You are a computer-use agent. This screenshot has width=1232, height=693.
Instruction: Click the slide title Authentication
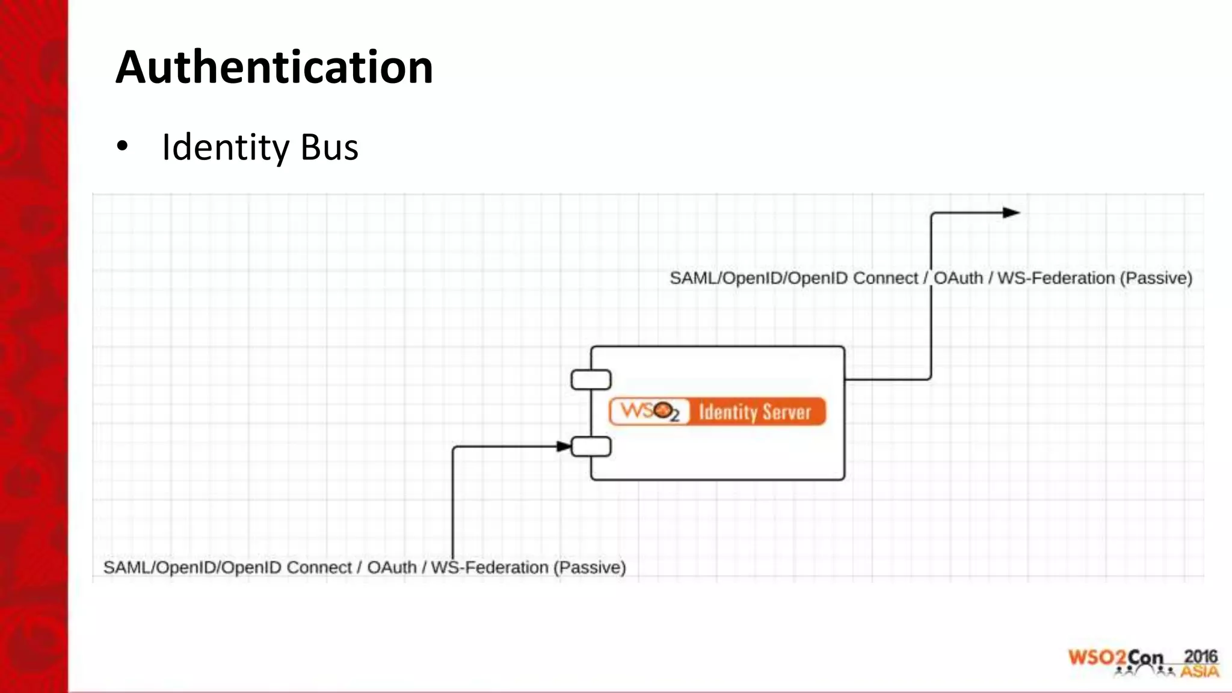click(274, 67)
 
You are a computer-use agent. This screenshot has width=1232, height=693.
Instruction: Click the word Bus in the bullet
click(329, 147)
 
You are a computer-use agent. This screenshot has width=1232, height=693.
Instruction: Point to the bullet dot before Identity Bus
click(123, 146)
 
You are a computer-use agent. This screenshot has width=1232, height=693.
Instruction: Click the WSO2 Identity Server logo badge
click(717, 412)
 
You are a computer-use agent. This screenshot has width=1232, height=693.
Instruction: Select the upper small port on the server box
click(591, 380)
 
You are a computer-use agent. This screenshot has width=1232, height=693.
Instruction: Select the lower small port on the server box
click(591, 447)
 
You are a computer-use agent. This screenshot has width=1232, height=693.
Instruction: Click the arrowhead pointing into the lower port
click(564, 446)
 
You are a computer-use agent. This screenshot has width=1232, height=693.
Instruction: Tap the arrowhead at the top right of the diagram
click(1011, 212)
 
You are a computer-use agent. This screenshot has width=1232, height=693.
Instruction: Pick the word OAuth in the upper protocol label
click(958, 279)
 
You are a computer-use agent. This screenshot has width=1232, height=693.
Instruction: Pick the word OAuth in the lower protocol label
click(392, 567)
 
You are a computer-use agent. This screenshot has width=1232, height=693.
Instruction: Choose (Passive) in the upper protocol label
click(1156, 279)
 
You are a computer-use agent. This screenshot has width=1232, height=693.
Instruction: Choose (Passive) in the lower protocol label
click(589, 567)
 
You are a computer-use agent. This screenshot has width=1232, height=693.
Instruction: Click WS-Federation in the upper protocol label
click(1056, 279)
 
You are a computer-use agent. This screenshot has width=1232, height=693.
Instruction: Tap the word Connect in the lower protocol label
click(319, 567)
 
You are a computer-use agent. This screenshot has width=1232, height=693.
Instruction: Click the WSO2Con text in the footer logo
click(1116, 658)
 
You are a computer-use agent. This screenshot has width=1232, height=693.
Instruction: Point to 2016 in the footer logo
click(1201, 656)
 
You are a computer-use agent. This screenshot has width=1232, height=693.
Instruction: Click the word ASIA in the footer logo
click(1200, 671)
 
